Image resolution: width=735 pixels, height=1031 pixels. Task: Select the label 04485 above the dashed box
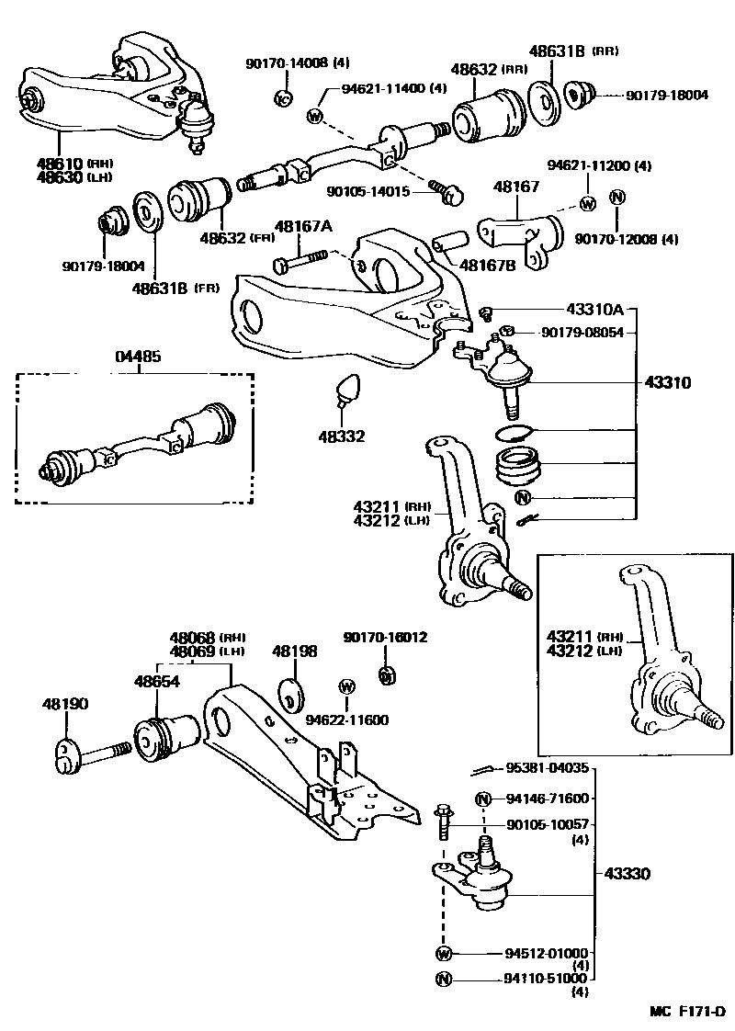[x=138, y=356]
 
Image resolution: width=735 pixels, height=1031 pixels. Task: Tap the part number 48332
[x=341, y=436]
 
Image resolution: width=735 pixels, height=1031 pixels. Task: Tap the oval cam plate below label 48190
[x=64, y=755]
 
